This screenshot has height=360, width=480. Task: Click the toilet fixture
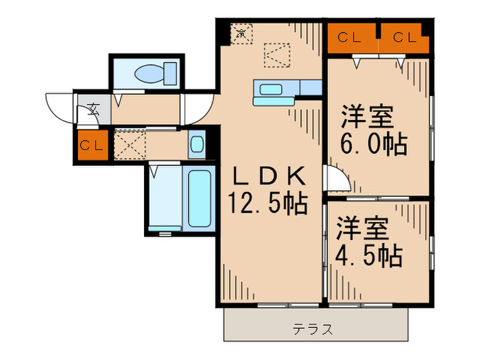[148, 73]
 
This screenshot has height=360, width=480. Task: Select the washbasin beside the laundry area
[196, 145]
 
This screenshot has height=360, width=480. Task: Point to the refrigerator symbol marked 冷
[241, 32]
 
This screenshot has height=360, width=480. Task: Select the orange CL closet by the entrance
[92, 146]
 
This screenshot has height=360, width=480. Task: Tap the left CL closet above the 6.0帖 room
[351, 38]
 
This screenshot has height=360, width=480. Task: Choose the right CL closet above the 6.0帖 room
[404, 38]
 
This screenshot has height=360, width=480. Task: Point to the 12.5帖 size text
[267, 203]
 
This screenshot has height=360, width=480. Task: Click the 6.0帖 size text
[374, 145]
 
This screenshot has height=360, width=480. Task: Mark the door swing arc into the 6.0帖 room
[336, 180]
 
